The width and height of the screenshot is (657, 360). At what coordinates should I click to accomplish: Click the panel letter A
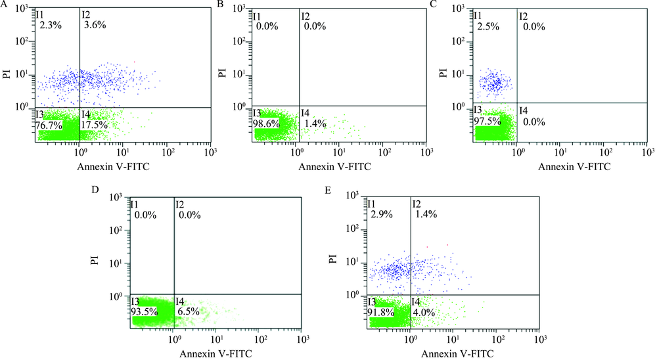coord(3,5)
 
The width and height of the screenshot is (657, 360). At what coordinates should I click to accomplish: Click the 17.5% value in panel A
coord(94,124)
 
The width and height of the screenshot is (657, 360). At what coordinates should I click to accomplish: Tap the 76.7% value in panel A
coord(49,124)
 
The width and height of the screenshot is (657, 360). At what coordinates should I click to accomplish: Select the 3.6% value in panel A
coord(95,25)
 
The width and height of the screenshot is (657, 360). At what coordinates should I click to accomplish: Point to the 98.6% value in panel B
coord(267,124)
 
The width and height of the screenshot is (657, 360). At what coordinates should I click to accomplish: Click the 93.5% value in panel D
coord(145,312)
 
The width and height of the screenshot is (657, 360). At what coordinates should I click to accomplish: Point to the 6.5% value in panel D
coord(188,312)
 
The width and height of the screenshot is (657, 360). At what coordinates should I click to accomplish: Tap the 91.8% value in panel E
coord(380,313)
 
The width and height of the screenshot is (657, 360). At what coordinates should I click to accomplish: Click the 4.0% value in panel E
coord(423,313)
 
